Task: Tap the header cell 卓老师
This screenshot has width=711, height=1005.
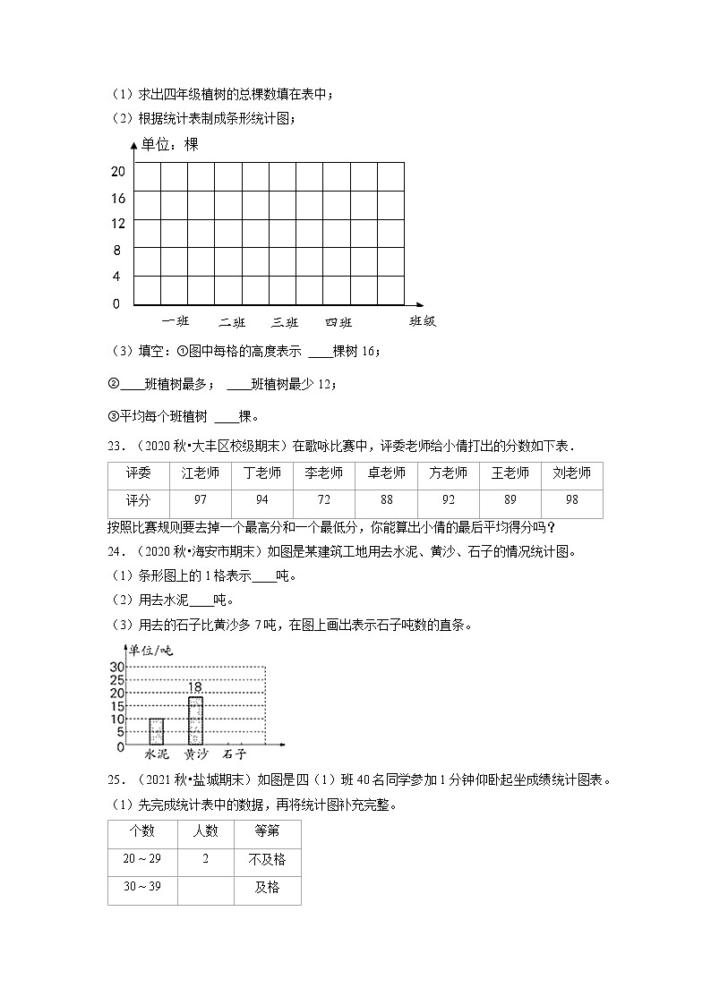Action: point(386,473)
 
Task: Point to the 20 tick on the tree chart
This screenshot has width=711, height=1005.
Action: point(117,172)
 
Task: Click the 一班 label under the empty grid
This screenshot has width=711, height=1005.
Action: point(176,322)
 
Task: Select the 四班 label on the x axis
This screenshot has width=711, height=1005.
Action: point(338,322)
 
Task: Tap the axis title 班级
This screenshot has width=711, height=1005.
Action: point(422,321)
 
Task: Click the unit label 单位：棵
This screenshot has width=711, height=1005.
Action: point(169,144)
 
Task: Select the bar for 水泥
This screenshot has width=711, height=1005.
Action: point(156,731)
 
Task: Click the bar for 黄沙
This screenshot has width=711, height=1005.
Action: point(195,720)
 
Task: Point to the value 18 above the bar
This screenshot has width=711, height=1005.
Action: point(195,686)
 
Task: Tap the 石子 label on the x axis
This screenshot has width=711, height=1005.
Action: point(236,754)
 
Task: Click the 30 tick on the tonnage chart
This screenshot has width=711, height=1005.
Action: point(116,667)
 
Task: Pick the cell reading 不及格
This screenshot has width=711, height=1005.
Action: point(267,859)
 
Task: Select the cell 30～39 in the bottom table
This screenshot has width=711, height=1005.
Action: point(142,888)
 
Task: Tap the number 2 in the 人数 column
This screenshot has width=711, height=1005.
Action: point(205,859)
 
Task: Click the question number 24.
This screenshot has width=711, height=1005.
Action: point(116,551)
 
